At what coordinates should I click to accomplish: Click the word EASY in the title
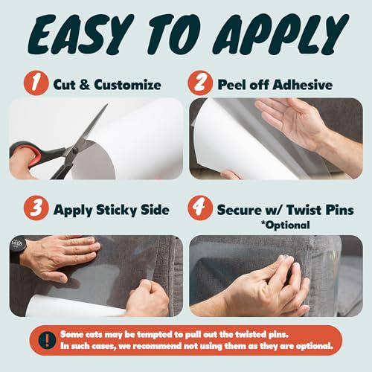coord(80,34)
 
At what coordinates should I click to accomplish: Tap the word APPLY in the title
coord(280,34)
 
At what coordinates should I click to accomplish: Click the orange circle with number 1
coord(36,83)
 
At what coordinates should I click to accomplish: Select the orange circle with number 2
coord(200,83)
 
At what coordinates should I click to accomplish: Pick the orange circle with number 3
coord(36,208)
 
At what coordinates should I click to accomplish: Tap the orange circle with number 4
coord(200,208)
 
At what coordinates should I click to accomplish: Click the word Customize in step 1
coord(128,85)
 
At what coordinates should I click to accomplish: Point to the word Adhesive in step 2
coord(303,85)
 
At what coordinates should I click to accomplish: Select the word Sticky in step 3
coord(116,211)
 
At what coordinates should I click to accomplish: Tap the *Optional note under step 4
coord(285,225)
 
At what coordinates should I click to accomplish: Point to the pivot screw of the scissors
coord(74,150)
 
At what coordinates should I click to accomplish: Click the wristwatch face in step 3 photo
coord(17,243)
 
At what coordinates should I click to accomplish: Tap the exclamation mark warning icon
coord(47,340)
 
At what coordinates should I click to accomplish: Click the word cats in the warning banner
coord(94,335)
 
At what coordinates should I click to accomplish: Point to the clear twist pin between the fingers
coord(286,260)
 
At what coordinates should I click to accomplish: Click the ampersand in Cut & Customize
coord(85,85)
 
